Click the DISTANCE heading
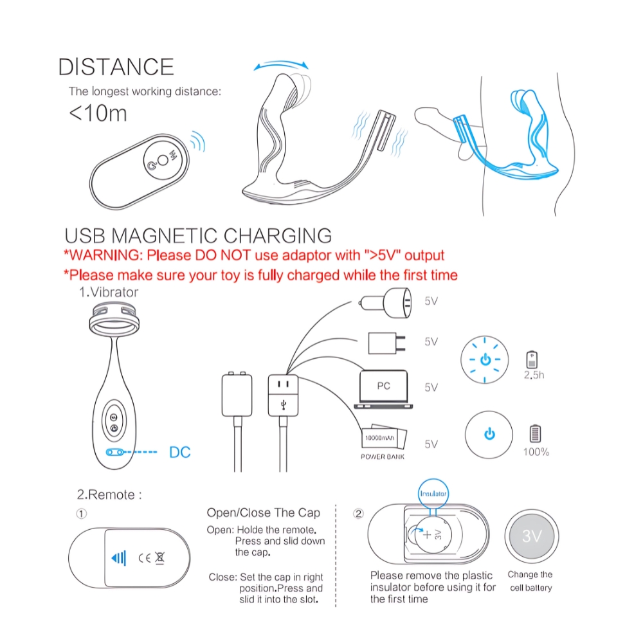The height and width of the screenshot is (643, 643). (x=116, y=67)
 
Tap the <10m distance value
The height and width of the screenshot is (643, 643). (x=98, y=113)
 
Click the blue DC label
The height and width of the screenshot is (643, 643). (x=179, y=452)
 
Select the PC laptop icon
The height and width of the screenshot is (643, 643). (x=383, y=389)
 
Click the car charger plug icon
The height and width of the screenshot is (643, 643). (x=385, y=303)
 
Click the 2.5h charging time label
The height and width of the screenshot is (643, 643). (x=534, y=375)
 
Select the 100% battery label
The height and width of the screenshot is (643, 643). (x=536, y=452)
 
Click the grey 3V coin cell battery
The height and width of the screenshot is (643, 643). (x=532, y=536)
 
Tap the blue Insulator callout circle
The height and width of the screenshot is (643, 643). (x=433, y=493)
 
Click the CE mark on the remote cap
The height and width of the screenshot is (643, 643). (x=144, y=558)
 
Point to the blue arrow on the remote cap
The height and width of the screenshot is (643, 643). (x=118, y=558)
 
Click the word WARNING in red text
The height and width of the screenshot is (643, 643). (x=106, y=255)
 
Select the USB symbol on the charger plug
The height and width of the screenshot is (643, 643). (x=284, y=405)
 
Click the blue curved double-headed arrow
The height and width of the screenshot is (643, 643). (x=282, y=63)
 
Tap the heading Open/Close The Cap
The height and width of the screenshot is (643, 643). (x=263, y=512)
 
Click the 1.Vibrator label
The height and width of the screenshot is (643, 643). (x=109, y=293)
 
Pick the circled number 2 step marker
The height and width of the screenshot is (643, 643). (x=358, y=514)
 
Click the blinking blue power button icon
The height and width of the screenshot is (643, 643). (x=485, y=359)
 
